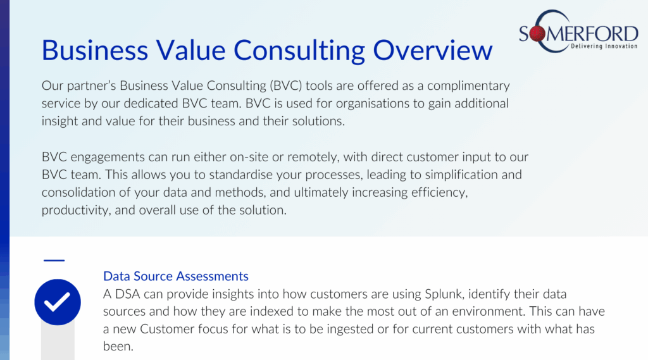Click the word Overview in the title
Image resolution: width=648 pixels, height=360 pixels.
pyautogui.click(x=433, y=50)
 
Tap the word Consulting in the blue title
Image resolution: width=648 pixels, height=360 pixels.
pyautogui.click(x=299, y=51)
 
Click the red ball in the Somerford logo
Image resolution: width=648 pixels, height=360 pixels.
pyautogui.click(x=538, y=34)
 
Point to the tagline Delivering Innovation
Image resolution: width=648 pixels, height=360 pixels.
pyautogui.click(x=604, y=46)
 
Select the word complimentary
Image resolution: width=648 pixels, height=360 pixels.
pyautogui.click(x=468, y=86)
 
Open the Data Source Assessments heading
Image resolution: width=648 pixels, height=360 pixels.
pyautogui.click(x=176, y=276)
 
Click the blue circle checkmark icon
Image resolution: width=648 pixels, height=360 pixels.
pyautogui.click(x=58, y=302)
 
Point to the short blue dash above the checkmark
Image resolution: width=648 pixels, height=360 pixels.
pyautogui.click(x=54, y=261)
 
